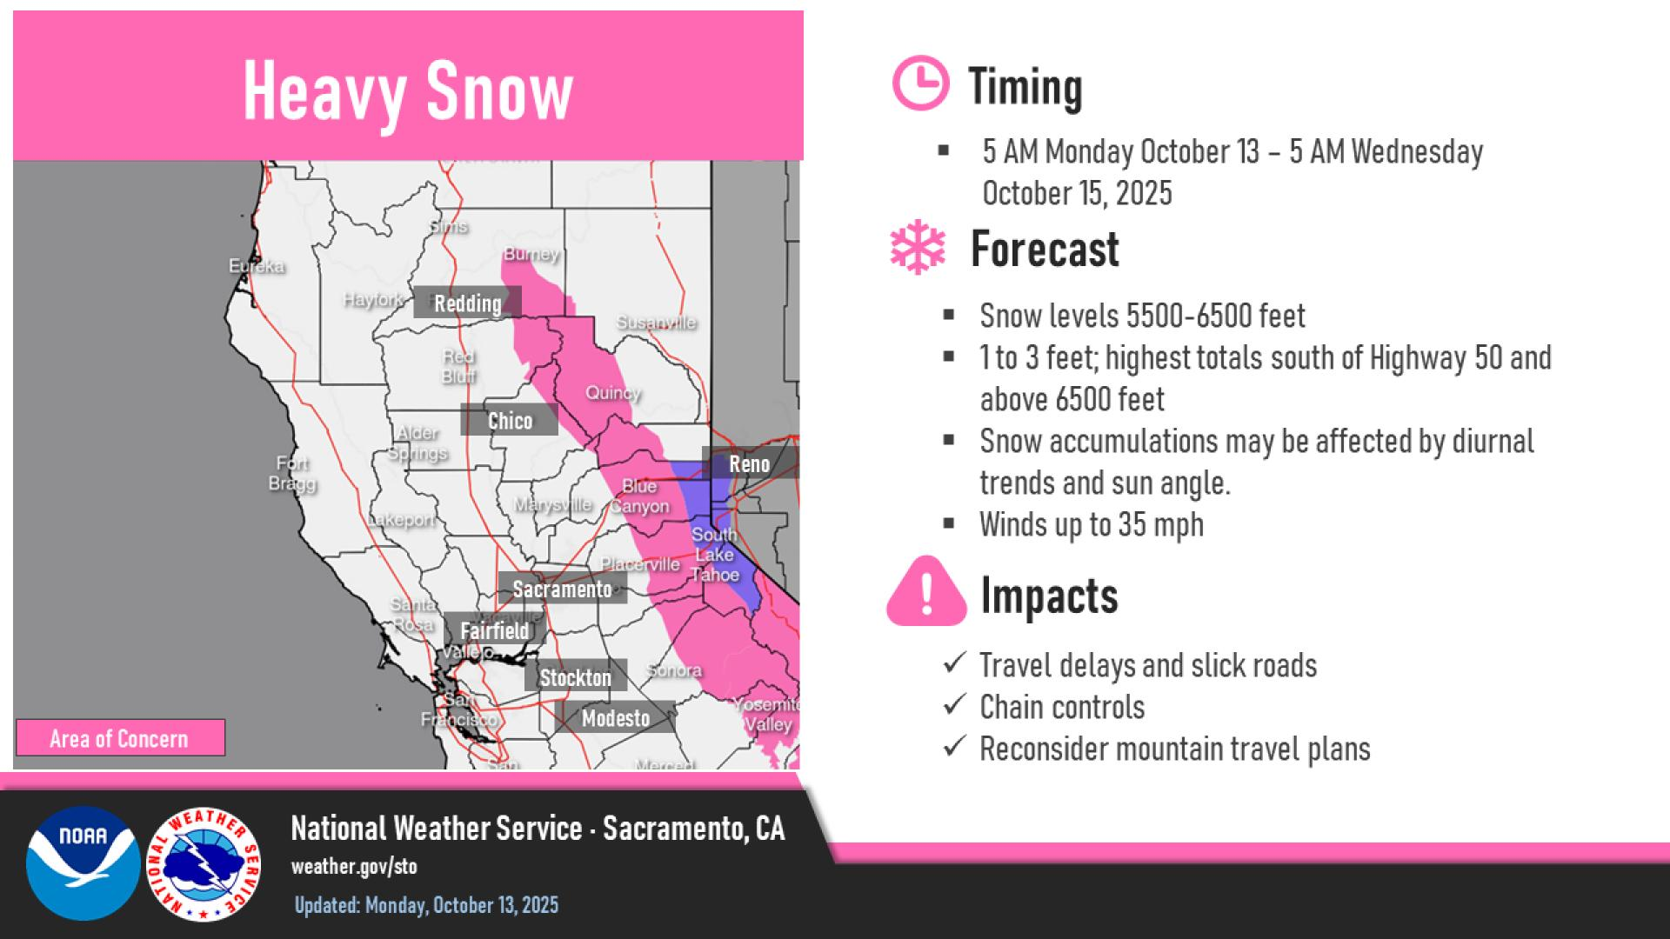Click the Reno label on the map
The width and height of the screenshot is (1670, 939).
[749, 463]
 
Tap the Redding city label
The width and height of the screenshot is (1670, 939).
[467, 303]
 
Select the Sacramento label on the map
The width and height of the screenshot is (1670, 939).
[562, 589]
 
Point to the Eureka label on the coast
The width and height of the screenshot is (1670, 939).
[257, 266]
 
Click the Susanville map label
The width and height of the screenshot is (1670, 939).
[657, 323]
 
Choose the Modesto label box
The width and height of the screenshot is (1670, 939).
[615, 718]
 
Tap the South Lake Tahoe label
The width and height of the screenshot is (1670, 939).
[714, 554]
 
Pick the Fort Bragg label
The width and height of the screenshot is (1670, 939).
[292, 474]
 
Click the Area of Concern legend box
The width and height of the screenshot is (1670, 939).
[119, 738]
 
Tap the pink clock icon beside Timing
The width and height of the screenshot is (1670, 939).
[919, 83]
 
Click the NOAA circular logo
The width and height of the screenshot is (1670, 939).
[83, 862]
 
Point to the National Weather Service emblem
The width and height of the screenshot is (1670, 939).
[204, 862]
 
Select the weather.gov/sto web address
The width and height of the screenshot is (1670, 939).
[354, 867]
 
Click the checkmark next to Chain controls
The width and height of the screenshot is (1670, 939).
[954, 705]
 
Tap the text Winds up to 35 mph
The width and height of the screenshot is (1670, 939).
[1091, 524]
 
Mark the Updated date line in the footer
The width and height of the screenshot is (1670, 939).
[426, 905]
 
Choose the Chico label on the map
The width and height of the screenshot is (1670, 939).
[510, 421]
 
